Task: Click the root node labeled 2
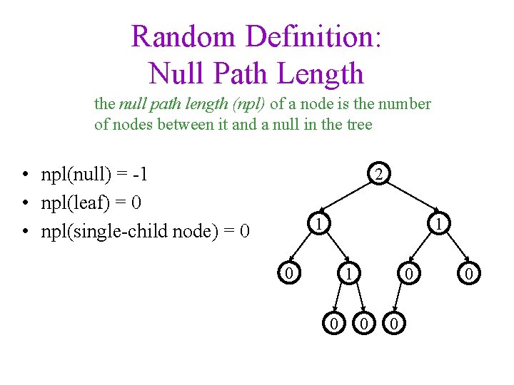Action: (381, 174)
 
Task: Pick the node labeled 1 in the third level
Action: (347, 273)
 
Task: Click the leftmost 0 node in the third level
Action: (287, 272)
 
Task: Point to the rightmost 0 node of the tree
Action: (468, 273)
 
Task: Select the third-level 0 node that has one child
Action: (408, 273)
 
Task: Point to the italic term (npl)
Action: (248, 104)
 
